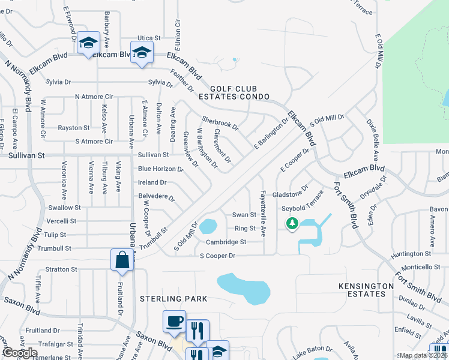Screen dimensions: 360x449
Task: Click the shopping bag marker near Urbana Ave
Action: (x=122, y=260)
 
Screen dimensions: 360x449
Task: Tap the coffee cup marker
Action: (x=174, y=321)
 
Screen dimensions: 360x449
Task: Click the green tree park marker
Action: (x=292, y=224)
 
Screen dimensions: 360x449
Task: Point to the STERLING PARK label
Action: (x=173, y=298)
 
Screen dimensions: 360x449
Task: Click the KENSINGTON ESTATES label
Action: (x=361, y=290)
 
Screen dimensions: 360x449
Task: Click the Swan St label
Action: (x=244, y=214)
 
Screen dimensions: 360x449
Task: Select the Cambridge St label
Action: (x=226, y=242)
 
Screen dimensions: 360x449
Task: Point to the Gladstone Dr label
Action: (x=290, y=195)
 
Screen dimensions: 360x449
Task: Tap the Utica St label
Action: (x=149, y=37)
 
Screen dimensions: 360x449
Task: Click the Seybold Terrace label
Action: (x=303, y=208)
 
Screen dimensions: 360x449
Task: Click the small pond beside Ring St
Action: (x=208, y=227)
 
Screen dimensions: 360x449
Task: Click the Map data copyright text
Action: (x=423, y=355)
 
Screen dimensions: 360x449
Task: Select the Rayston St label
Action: (x=73, y=128)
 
